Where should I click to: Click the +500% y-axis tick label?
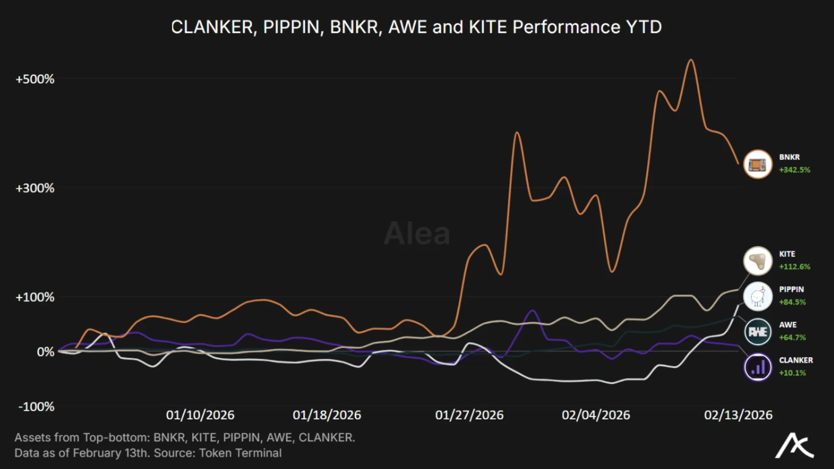(x=35, y=79)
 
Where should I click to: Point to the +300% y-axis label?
(x=35, y=188)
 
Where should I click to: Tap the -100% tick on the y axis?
(x=36, y=406)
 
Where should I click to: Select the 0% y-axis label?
(x=45, y=352)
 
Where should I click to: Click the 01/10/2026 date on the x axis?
(x=200, y=415)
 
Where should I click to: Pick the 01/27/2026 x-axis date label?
(x=469, y=415)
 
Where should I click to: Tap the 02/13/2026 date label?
(x=738, y=415)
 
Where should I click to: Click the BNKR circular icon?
(x=758, y=164)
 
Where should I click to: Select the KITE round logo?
(x=758, y=261)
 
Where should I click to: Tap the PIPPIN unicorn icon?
(x=758, y=297)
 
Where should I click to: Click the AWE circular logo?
(x=758, y=332)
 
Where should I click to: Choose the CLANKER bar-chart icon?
(x=758, y=367)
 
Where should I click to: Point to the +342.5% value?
(x=794, y=170)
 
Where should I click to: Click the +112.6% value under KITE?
(x=794, y=267)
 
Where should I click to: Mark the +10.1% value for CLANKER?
(x=792, y=373)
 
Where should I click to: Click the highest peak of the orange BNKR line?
(x=691, y=60)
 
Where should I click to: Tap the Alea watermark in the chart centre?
(x=417, y=234)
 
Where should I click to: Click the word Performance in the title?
(x=566, y=27)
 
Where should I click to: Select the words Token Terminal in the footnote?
(x=240, y=453)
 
